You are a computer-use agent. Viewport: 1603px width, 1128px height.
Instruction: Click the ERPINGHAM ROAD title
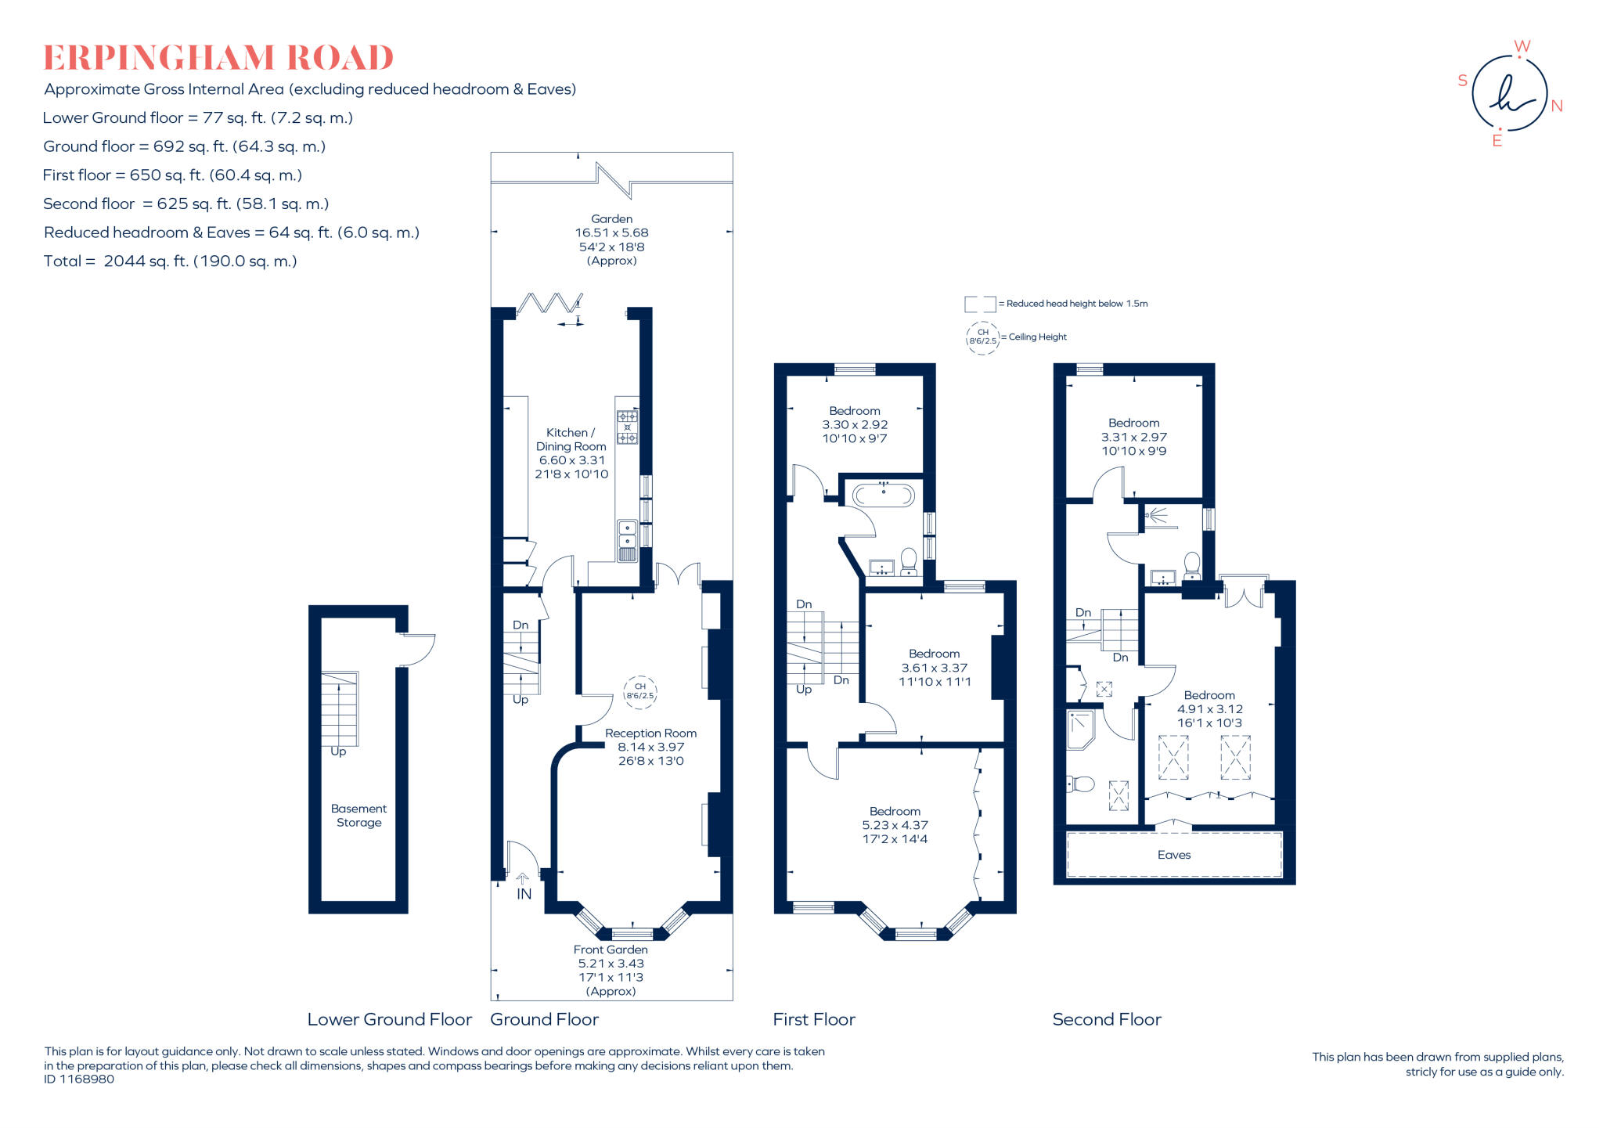coord(218,58)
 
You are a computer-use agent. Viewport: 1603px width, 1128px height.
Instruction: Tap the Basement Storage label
coord(358,816)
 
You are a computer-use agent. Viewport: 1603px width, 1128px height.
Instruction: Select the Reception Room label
coord(650,733)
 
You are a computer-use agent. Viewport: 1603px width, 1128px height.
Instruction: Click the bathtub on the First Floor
coord(883,495)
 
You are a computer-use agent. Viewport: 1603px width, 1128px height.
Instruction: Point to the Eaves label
coord(1173,855)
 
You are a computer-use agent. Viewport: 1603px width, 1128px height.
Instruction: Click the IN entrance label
coord(524,894)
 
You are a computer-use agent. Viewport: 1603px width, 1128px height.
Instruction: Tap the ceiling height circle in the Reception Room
coord(639,692)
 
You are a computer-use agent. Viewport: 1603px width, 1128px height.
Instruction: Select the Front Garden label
coord(611,950)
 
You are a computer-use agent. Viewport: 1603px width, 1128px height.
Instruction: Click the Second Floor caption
coord(1106,1019)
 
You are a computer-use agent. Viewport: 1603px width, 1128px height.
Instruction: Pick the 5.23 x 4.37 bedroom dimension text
coord(895,825)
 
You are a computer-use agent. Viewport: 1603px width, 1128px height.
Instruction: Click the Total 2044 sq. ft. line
coord(170,261)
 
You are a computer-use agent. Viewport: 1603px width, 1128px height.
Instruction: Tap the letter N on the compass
coord(1556,106)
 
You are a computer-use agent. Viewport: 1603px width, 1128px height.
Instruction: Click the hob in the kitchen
coord(627,427)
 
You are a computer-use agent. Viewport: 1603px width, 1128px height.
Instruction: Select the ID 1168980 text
coord(79,1079)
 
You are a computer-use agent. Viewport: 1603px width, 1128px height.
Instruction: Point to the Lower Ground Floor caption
coord(389,1019)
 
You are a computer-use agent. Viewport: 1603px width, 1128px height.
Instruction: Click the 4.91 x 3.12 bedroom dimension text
coord(1209,709)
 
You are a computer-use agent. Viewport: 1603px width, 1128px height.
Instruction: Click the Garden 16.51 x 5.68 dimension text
coord(611,232)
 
